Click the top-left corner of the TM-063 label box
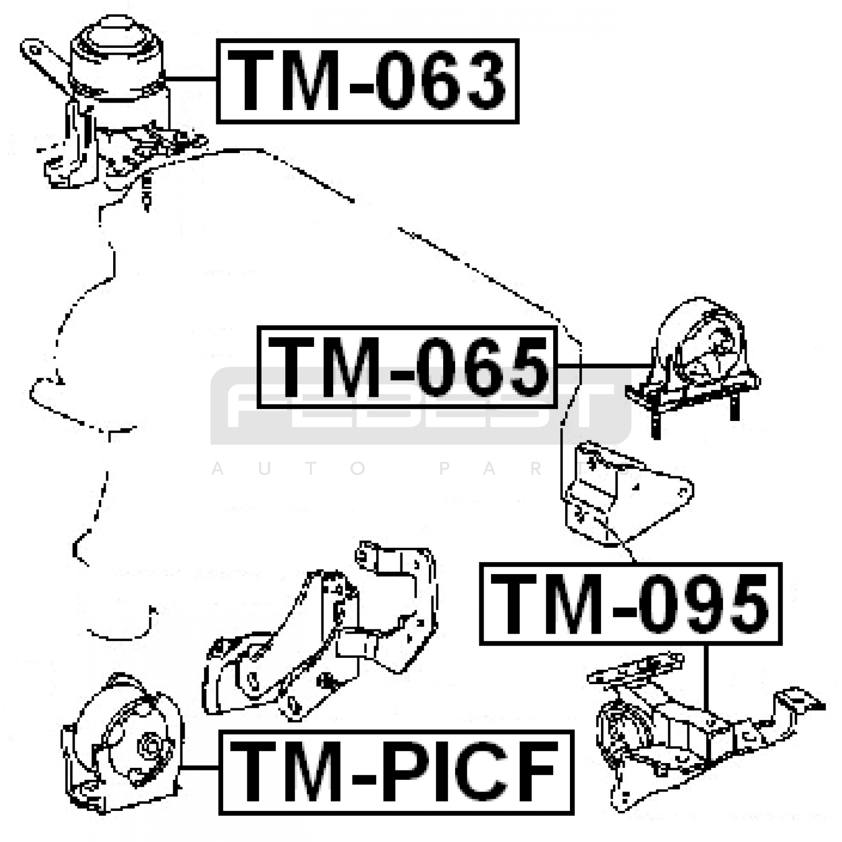(217, 39)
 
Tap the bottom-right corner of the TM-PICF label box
(573, 814)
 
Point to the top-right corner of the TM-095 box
(781, 564)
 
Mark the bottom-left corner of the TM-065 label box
(258, 407)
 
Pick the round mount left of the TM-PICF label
(122, 742)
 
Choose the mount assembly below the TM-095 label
(705, 731)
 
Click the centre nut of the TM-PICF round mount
(149, 746)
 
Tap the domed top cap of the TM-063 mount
(116, 36)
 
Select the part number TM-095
(630, 604)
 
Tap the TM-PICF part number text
(396, 772)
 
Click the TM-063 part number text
(368, 81)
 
